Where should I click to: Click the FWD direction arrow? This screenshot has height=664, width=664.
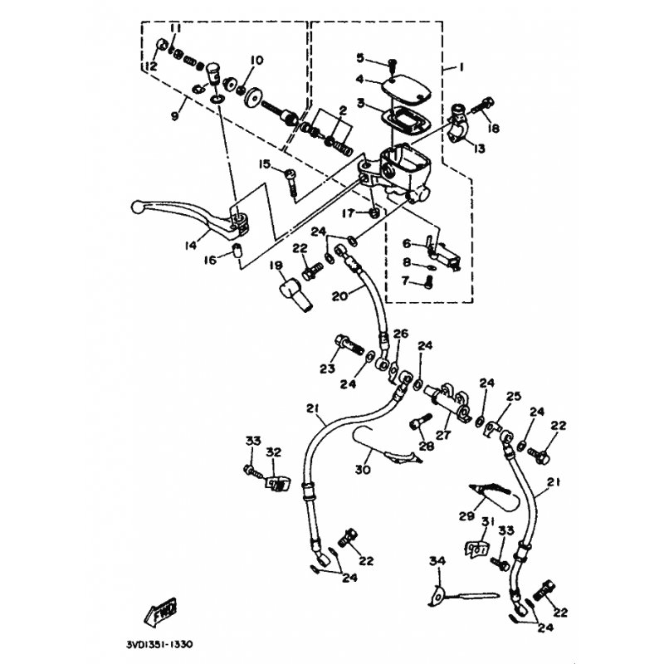[160, 613]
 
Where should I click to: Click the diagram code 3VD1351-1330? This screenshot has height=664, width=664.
[159, 645]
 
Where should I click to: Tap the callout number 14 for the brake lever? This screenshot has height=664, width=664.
[191, 245]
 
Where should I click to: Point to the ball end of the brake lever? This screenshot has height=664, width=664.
[137, 207]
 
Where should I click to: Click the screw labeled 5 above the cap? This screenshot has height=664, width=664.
[392, 66]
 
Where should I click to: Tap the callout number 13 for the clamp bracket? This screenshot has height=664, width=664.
[480, 149]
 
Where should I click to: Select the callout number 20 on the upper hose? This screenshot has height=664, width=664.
[339, 296]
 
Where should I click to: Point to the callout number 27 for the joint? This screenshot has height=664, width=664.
[443, 434]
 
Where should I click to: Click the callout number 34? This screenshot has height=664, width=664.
[437, 562]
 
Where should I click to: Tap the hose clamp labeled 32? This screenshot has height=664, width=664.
[278, 484]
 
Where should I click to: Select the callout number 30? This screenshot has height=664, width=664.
[363, 470]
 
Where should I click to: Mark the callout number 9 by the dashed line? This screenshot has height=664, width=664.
[175, 115]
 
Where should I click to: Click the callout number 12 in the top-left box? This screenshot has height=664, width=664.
[151, 66]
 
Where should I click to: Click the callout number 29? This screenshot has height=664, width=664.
[466, 516]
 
